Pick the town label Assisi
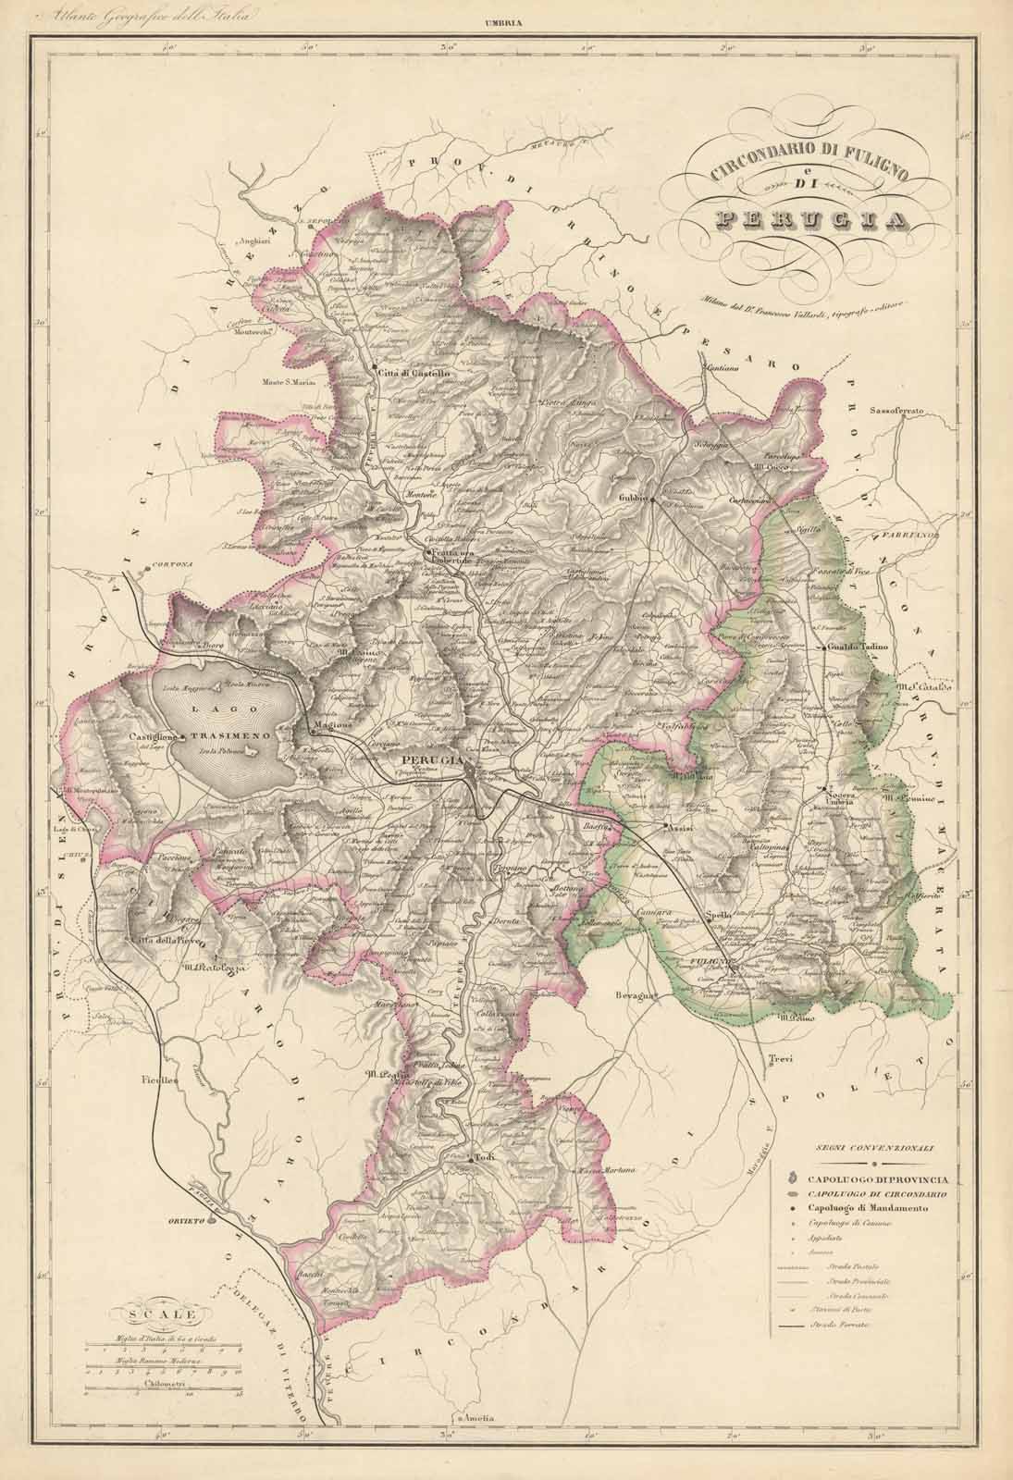(682, 829)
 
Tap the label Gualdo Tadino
(858, 647)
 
